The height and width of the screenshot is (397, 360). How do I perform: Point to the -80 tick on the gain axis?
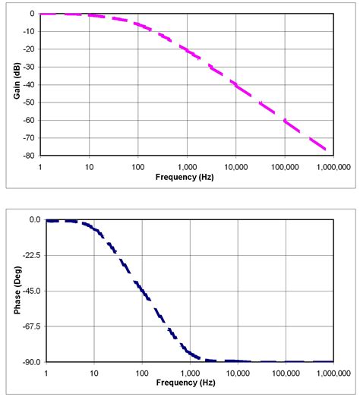[x=28, y=156]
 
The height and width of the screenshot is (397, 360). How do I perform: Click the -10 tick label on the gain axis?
[x=28, y=31]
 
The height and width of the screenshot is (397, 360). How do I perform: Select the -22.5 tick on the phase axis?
[x=30, y=255]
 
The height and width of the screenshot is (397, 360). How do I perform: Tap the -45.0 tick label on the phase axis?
[x=30, y=291]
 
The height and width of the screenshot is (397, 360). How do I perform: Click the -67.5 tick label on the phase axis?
[x=30, y=326]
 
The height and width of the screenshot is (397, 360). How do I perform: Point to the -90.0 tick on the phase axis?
[x=30, y=362]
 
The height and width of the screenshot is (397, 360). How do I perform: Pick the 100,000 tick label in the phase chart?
[x=285, y=373]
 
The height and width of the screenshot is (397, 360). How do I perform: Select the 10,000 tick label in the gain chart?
[x=235, y=165]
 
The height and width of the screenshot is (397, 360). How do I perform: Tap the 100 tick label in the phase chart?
[x=142, y=373]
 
